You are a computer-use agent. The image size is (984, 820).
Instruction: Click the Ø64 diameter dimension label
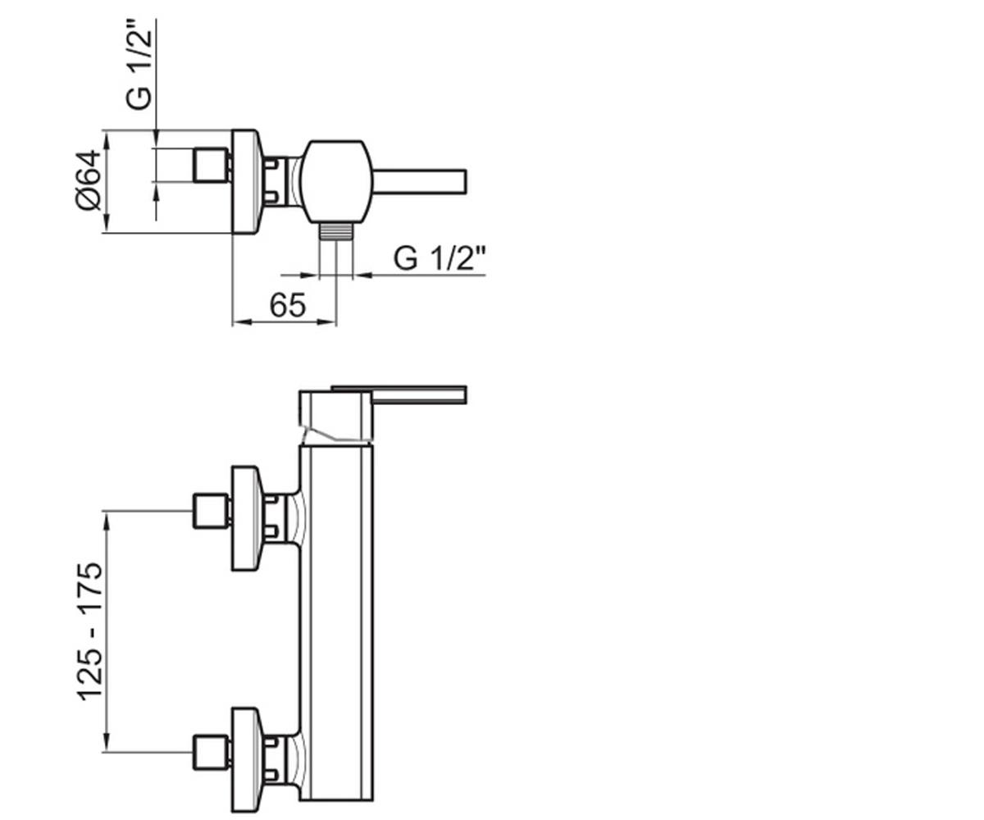88,180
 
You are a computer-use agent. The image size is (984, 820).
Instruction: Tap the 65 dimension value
288,305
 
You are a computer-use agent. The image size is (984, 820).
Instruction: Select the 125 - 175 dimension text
89,631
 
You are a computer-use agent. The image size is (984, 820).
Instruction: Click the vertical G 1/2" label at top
139,64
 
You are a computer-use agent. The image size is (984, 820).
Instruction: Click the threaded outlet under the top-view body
336,231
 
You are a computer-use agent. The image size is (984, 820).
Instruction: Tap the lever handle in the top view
419,181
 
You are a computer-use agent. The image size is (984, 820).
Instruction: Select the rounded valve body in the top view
336,181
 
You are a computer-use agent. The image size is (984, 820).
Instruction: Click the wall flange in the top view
246,181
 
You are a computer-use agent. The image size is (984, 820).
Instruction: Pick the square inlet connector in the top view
210,165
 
